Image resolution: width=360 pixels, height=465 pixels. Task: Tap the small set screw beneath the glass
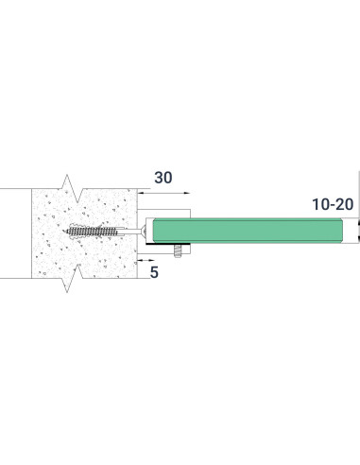tap(180, 252)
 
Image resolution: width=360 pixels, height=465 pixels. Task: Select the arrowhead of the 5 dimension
tap(142, 255)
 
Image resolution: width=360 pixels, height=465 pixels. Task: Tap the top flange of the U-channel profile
tap(170, 209)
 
